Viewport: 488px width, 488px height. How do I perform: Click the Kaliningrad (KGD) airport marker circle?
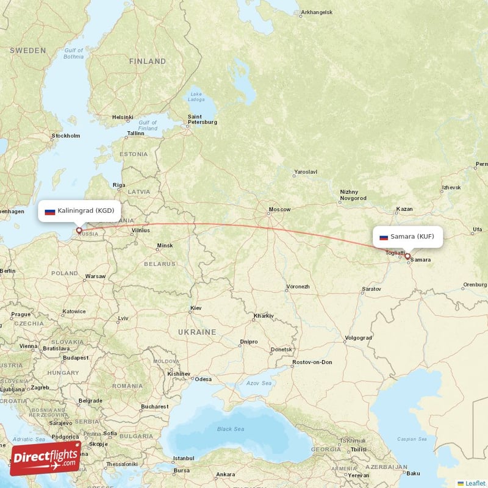[79, 231]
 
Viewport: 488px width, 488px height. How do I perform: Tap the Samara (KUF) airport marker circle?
[407, 256]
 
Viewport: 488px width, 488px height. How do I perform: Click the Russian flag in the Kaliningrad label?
[50, 211]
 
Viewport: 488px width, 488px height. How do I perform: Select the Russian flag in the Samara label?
[384, 237]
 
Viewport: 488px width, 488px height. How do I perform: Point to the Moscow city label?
[279, 210]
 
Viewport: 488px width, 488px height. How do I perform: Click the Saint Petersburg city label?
[203, 119]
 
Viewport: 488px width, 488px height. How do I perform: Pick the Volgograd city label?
[357, 337]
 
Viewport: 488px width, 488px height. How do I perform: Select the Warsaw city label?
[95, 276]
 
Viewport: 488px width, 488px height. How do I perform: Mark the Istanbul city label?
[182, 458]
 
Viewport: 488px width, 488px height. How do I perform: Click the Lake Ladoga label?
[196, 96]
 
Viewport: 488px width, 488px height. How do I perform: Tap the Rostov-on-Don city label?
[312, 362]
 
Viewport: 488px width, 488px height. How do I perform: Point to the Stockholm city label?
[66, 135]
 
